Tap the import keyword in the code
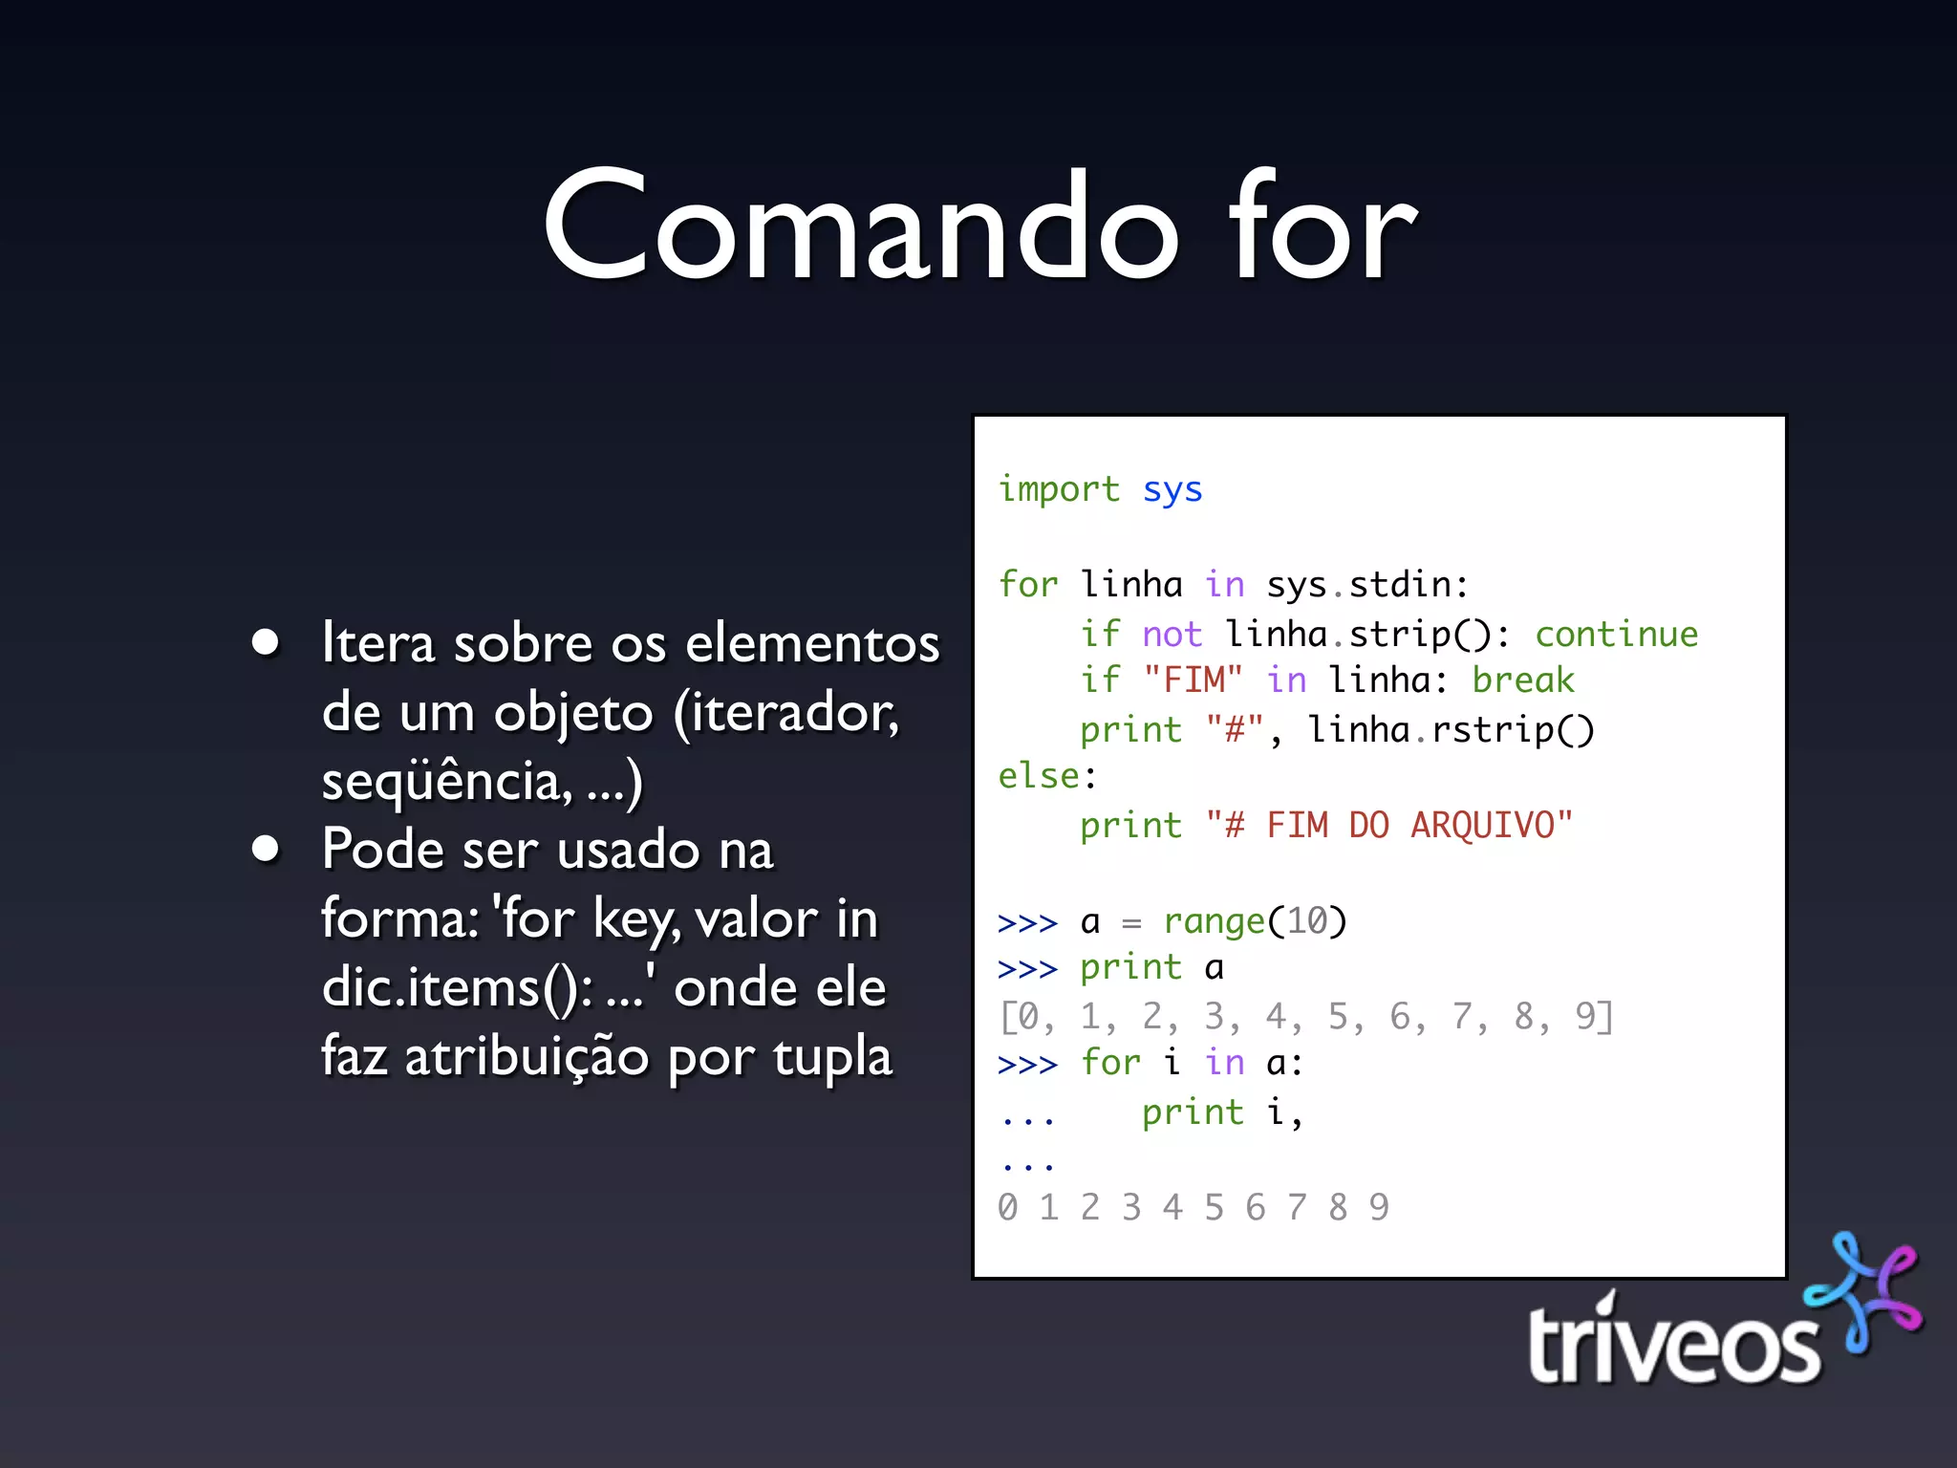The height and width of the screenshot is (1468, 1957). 1058,489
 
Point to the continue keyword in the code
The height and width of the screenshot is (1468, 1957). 1616,634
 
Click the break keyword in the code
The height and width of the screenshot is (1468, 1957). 1522,680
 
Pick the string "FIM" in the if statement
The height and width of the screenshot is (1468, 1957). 1193,680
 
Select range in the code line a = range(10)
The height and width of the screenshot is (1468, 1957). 1214,921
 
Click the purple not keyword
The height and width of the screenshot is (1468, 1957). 1172,634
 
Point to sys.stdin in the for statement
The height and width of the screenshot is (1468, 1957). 1366,584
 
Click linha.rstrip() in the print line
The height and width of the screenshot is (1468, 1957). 1451,729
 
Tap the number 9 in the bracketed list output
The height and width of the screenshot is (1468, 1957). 1586,1016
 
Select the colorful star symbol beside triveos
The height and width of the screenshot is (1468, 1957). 1863,1290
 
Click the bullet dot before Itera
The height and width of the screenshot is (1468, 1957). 266,642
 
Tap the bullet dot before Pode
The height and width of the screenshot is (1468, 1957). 266,849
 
